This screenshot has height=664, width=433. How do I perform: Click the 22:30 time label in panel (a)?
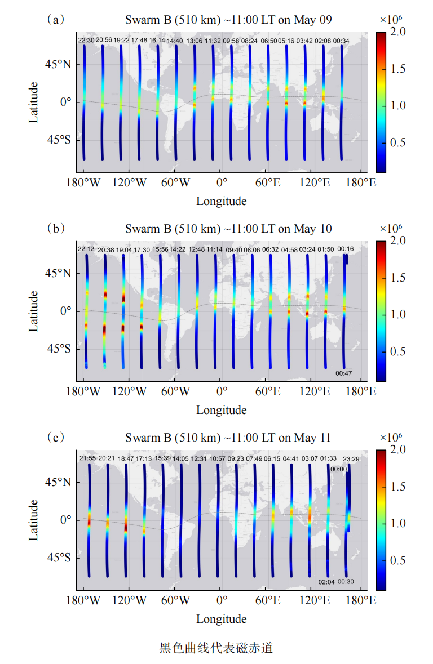(86, 41)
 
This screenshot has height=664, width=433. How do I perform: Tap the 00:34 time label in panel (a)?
(342, 41)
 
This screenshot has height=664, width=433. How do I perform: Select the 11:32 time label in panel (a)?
(213, 41)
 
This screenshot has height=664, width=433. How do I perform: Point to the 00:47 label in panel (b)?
(344, 373)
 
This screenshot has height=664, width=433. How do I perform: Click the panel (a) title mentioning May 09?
(228, 20)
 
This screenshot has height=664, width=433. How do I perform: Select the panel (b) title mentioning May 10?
(228, 229)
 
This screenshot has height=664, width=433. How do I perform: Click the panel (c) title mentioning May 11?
(228, 438)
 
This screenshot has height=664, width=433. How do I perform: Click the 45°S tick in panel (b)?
(59, 349)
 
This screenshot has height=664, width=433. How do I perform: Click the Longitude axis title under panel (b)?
(221, 409)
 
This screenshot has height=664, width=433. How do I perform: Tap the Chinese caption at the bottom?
(216, 648)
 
